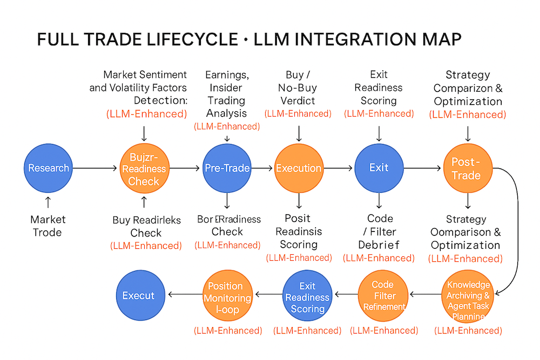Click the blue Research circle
click(49, 168)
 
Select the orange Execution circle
click(299, 168)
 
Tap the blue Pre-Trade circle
click(227, 168)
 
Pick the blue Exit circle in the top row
click(379, 168)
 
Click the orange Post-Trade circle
click(467, 168)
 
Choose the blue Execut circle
click(139, 295)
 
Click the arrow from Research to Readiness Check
click(95, 168)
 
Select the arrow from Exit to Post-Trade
click(422, 168)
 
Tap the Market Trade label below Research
click(48, 226)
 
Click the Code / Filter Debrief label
click(379, 232)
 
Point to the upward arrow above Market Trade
click(48, 202)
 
